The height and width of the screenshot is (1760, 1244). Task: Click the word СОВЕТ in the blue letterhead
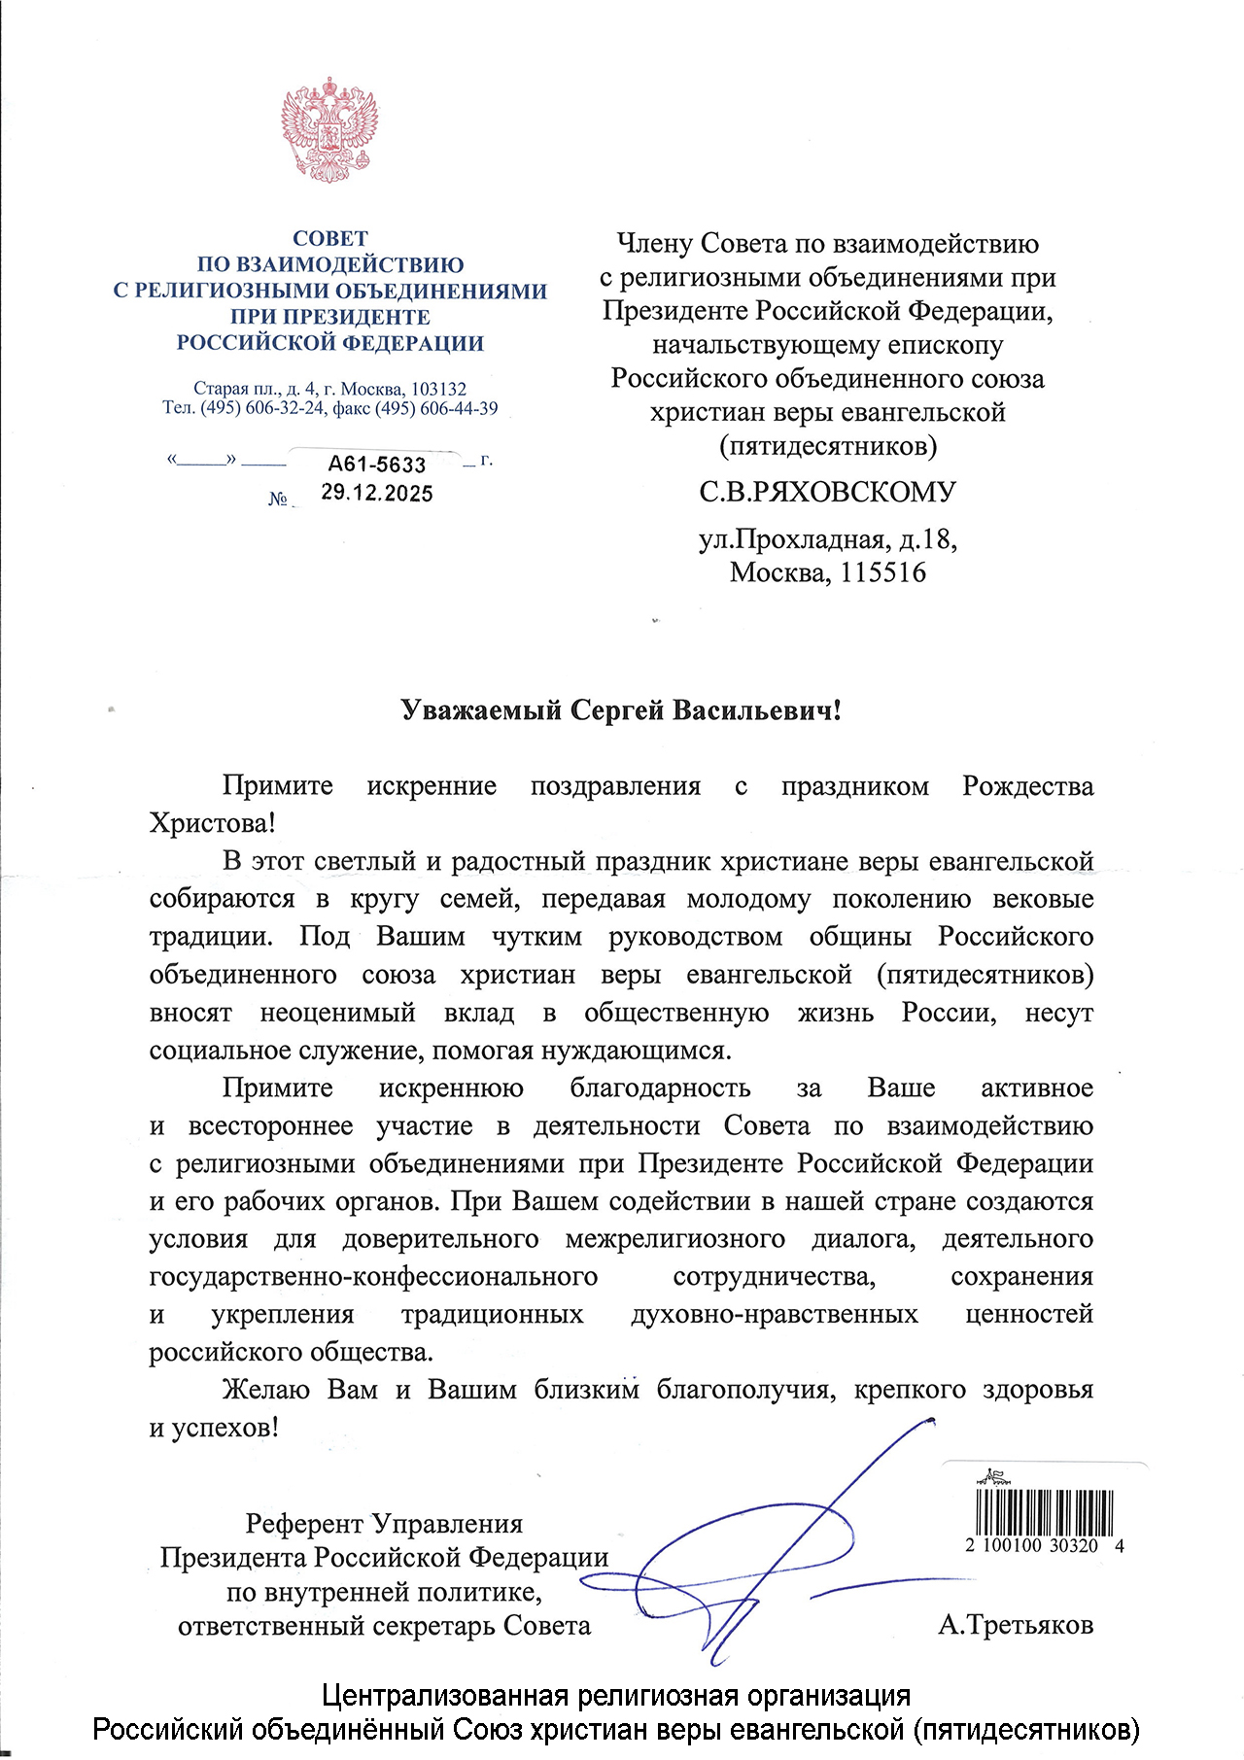tap(330, 238)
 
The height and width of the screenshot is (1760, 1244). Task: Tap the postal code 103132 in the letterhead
tap(438, 389)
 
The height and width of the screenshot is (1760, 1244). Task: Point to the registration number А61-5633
tap(377, 465)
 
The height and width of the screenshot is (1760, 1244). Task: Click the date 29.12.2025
tap(377, 493)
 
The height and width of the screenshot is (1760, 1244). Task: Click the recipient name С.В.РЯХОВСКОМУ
tap(827, 492)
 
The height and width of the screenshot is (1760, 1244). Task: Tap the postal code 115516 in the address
tap(882, 571)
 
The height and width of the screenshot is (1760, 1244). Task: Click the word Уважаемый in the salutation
tap(481, 710)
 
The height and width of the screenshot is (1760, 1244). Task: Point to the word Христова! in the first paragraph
tap(212, 823)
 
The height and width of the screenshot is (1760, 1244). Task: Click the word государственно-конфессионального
tap(373, 1276)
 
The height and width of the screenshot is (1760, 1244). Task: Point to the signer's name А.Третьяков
tap(1016, 1624)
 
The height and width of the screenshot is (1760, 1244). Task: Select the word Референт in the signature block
tap(305, 1523)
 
